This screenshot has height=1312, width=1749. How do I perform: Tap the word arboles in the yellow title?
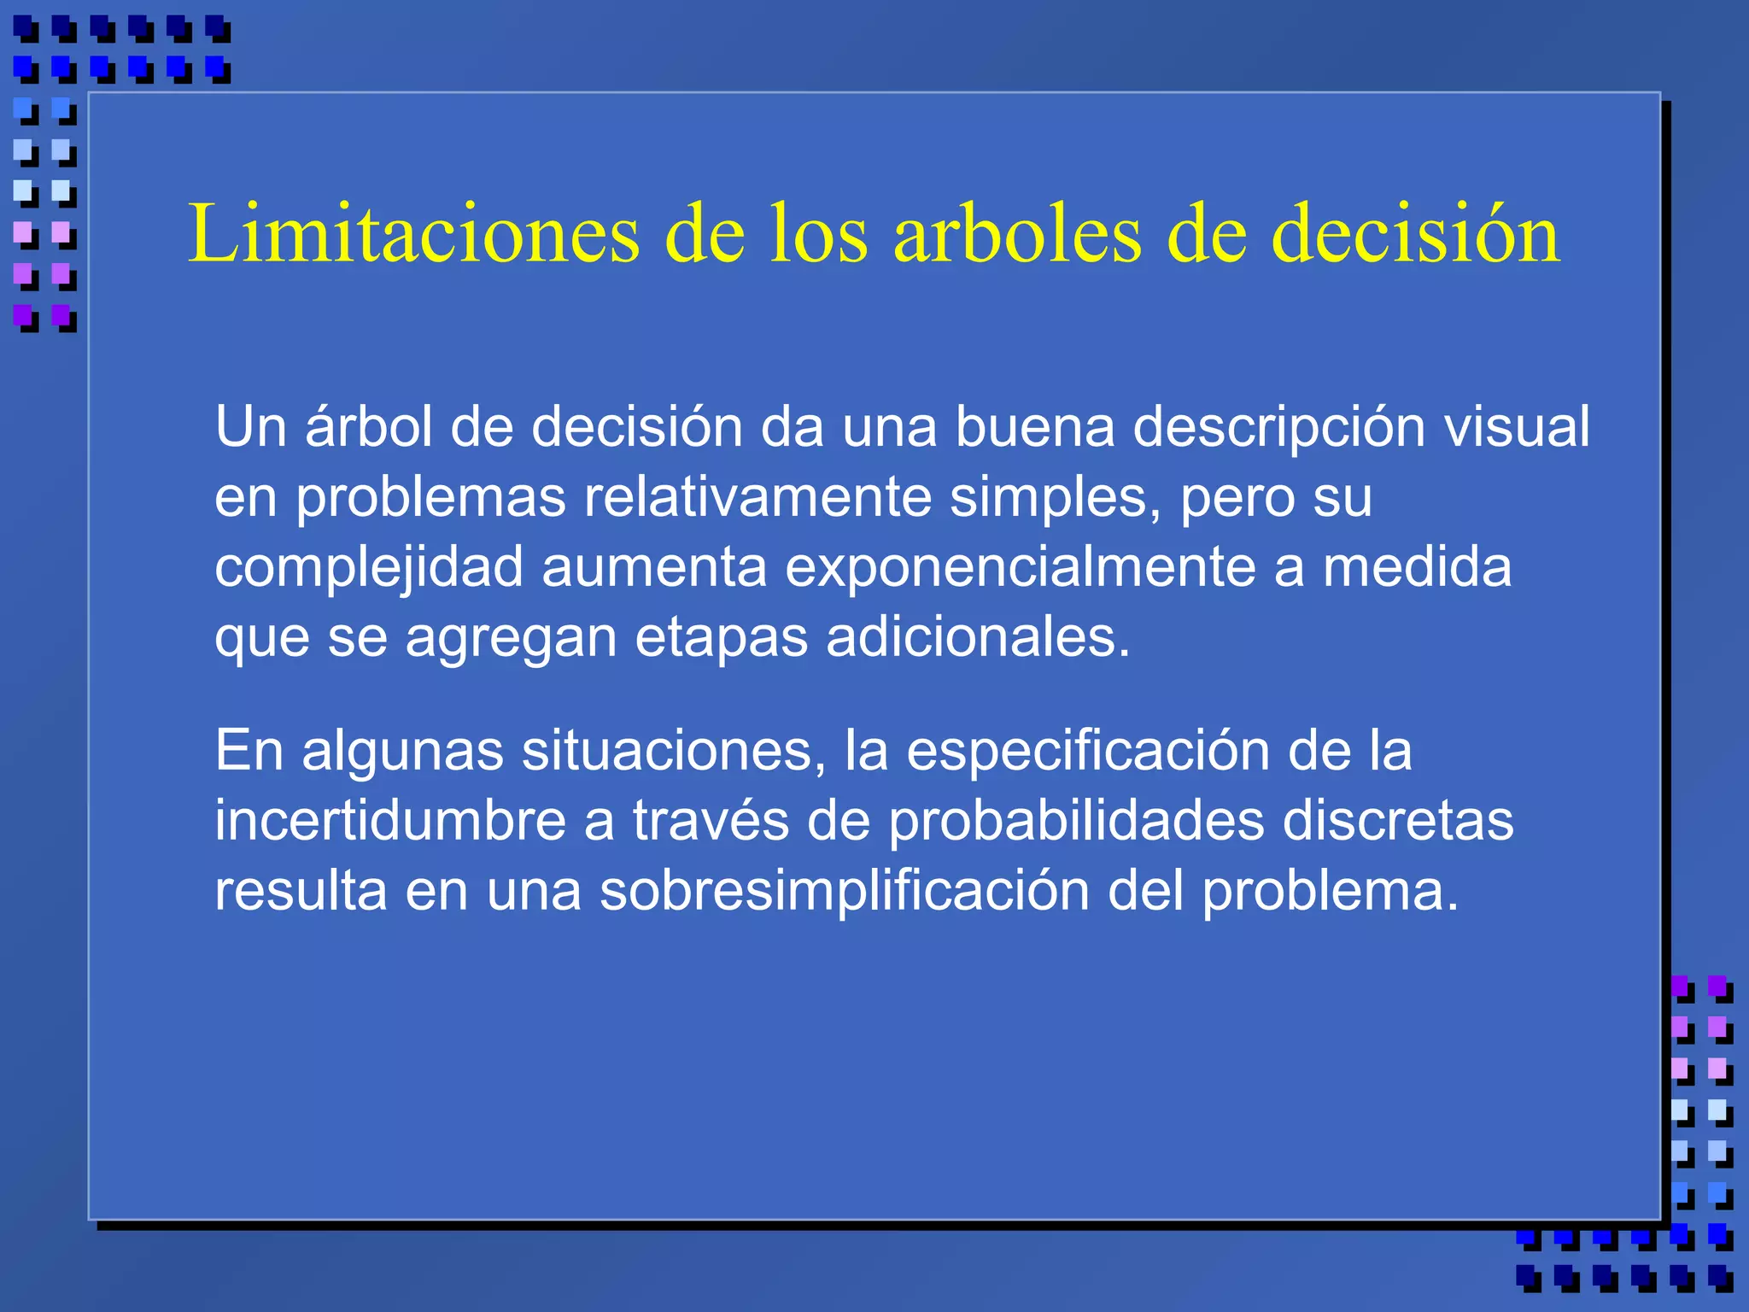[1017, 234]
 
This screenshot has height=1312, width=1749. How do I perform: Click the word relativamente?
[758, 496]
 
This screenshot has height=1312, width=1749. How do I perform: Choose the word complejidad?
[369, 568]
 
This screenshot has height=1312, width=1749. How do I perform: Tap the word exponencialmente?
[1020, 566]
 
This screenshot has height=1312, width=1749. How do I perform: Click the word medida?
[1417, 566]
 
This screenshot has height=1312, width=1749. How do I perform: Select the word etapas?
[721, 638]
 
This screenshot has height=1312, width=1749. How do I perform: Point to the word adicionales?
[978, 636]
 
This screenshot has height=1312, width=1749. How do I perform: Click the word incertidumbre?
[390, 821]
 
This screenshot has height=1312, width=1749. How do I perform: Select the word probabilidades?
[1076, 821]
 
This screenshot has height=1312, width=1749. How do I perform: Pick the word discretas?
[1398, 821]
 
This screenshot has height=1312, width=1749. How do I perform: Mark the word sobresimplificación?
[844, 891]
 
